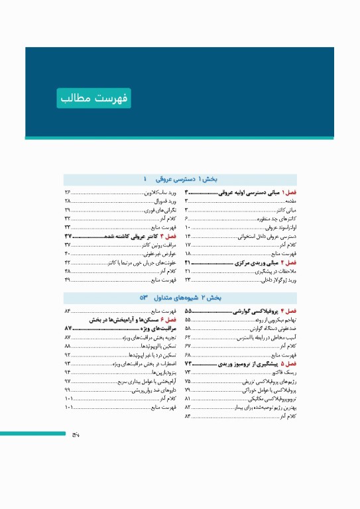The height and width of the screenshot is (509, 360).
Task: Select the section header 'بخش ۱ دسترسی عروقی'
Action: click(190, 179)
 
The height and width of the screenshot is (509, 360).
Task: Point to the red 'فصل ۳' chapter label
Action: click(169, 217)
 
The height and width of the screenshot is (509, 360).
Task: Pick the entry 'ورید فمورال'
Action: click(164, 199)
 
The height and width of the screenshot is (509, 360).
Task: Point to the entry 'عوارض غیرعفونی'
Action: click(161, 235)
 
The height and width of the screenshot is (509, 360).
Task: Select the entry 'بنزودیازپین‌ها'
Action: click(161, 373)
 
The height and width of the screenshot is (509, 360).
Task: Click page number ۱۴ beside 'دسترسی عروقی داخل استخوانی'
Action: click(188, 235)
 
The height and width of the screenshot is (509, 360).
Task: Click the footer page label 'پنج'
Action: click(76, 435)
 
